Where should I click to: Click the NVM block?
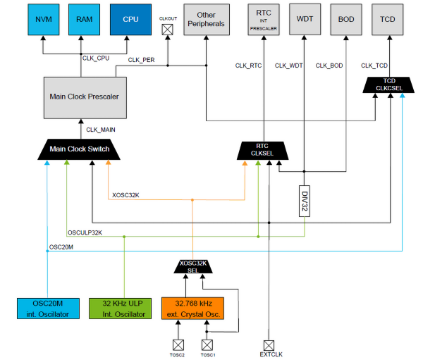[x=43, y=19]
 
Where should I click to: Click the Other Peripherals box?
[x=206, y=20]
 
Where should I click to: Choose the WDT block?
[x=305, y=19]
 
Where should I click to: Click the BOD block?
[x=346, y=19]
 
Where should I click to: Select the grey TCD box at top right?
[x=387, y=19]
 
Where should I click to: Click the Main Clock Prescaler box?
[x=83, y=96]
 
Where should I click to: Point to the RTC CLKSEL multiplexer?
[x=264, y=149]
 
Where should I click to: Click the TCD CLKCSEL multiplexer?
[x=387, y=85]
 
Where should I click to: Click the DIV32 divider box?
[x=305, y=199]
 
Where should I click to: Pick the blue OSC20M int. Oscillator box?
[x=47, y=308]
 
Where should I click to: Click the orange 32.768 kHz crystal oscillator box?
[x=193, y=308]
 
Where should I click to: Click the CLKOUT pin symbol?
[x=168, y=30]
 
